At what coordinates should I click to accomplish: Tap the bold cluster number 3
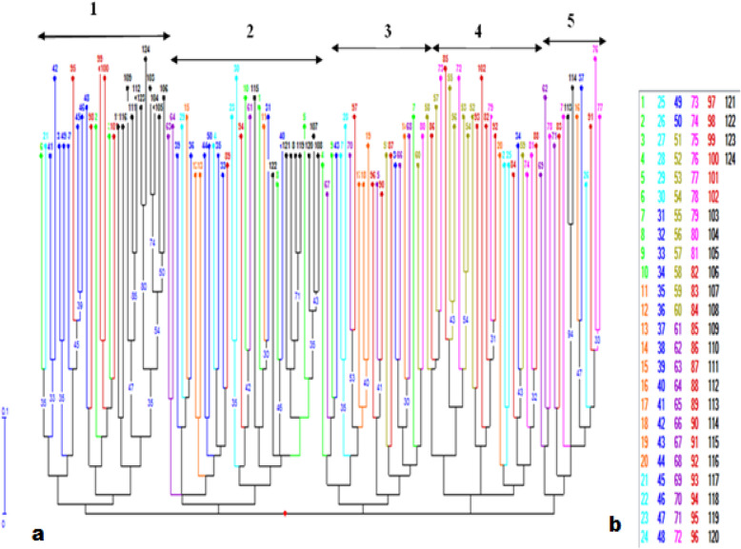[x=386, y=30]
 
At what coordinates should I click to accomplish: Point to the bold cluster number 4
[x=477, y=30]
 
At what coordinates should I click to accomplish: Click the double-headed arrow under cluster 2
[x=247, y=60]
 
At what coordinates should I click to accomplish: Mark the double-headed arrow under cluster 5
[x=573, y=41]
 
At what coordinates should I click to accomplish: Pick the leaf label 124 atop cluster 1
[x=146, y=49]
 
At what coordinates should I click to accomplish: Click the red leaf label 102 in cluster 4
[x=482, y=68]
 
